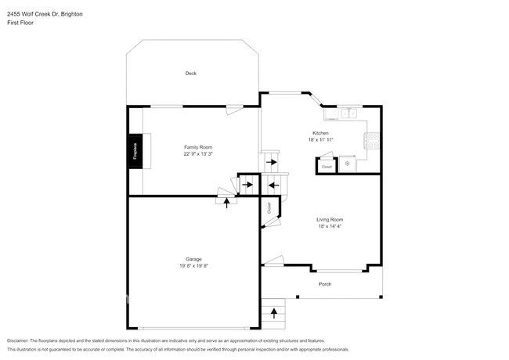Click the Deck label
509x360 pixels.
[x=190, y=74]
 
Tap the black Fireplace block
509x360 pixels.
[x=135, y=150]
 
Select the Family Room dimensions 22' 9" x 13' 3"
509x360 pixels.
[x=198, y=154]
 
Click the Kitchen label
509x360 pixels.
[x=319, y=134]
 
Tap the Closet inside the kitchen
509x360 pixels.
[x=327, y=166]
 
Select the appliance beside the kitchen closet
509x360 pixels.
[x=348, y=164]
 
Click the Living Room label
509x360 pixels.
[x=330, y=220]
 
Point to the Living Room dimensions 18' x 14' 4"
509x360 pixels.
[x=330, y=227]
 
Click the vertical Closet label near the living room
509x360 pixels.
[x=269, y=208]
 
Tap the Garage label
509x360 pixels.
[x=193, y=259]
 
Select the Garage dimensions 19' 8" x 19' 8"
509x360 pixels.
[x=193, y=266]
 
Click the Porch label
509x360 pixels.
[x=324, y=284]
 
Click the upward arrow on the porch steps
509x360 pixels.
[x=274, y=313]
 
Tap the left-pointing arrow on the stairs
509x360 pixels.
[x=273, y=185]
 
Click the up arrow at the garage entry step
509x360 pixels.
[x=227, y=202]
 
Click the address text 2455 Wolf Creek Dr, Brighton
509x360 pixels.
[x=45, y=13]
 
